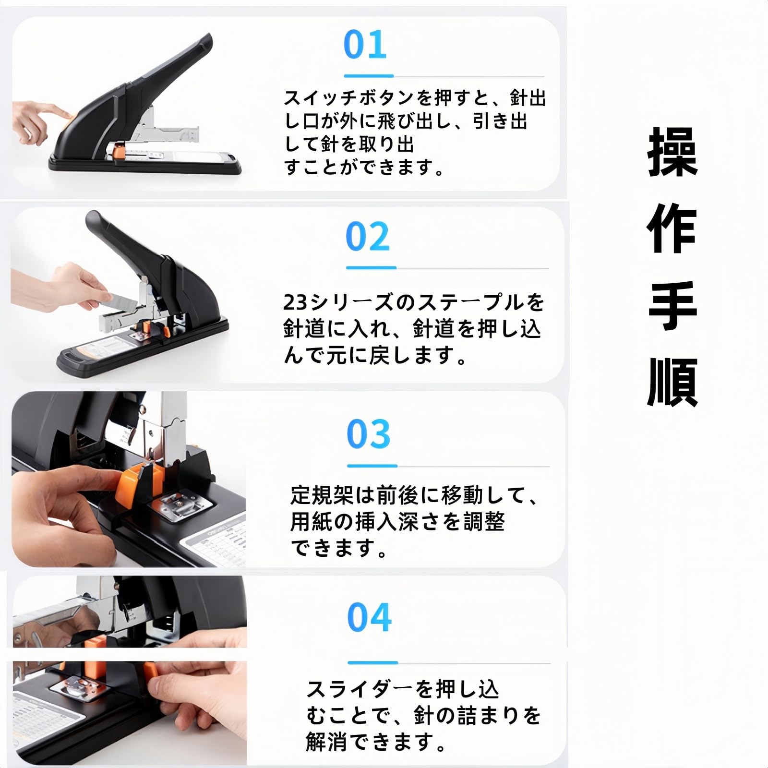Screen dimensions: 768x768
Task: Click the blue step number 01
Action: pos(365,45)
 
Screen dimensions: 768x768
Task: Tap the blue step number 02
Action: pos(368,237)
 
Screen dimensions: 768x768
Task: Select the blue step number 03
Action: pos(369,434)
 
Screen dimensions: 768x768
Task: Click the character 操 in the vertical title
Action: pos(672,153)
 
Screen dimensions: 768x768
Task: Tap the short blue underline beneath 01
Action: pos(368,76)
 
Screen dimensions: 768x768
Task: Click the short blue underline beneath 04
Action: pos(372,662)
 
